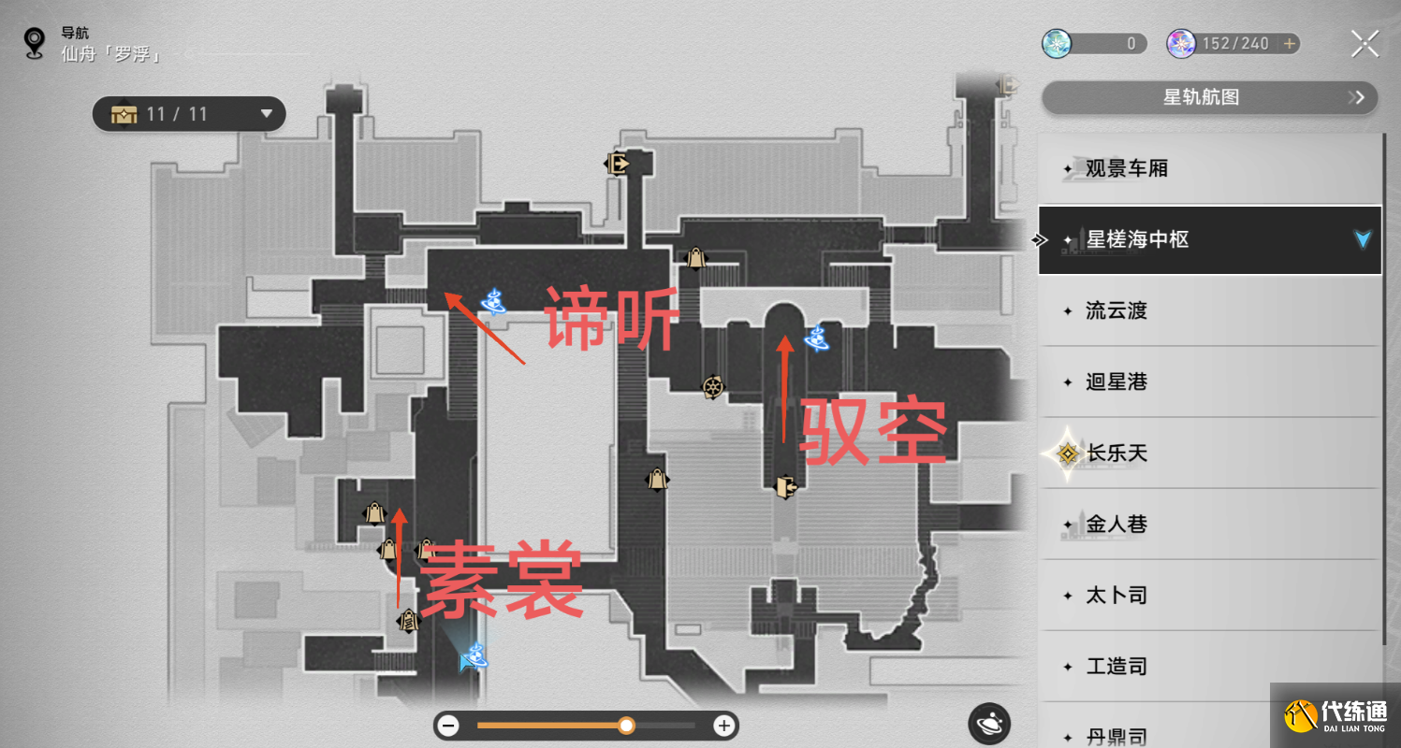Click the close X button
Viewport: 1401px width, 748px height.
coord(1365,44)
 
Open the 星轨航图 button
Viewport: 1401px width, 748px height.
coord(1208,97)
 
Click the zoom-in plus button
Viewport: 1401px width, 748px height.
coord(723,726)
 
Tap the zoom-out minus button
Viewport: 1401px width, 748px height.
coord(449,726)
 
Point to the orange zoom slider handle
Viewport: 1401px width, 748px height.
coord(626,726)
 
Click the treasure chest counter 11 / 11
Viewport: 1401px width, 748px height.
coord(188,114)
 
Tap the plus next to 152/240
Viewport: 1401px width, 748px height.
coord(1289,44)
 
